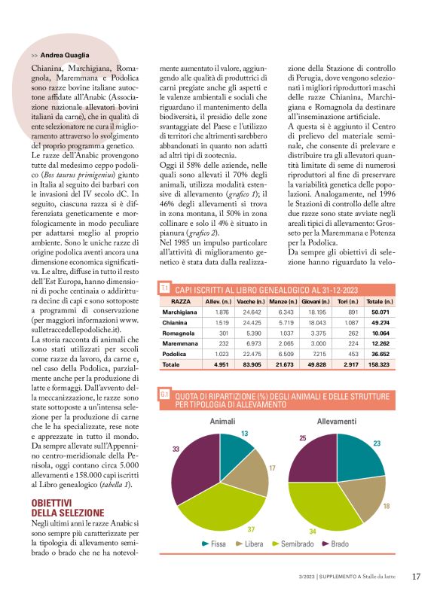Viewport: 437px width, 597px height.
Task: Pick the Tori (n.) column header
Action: coord(347,322)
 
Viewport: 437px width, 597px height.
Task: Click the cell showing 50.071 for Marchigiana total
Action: coord(378,333)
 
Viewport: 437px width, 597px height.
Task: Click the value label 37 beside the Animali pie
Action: coord(250,529)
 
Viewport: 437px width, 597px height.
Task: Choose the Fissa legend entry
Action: coord(214,544)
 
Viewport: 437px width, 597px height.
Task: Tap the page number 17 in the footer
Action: coord(417,577)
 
